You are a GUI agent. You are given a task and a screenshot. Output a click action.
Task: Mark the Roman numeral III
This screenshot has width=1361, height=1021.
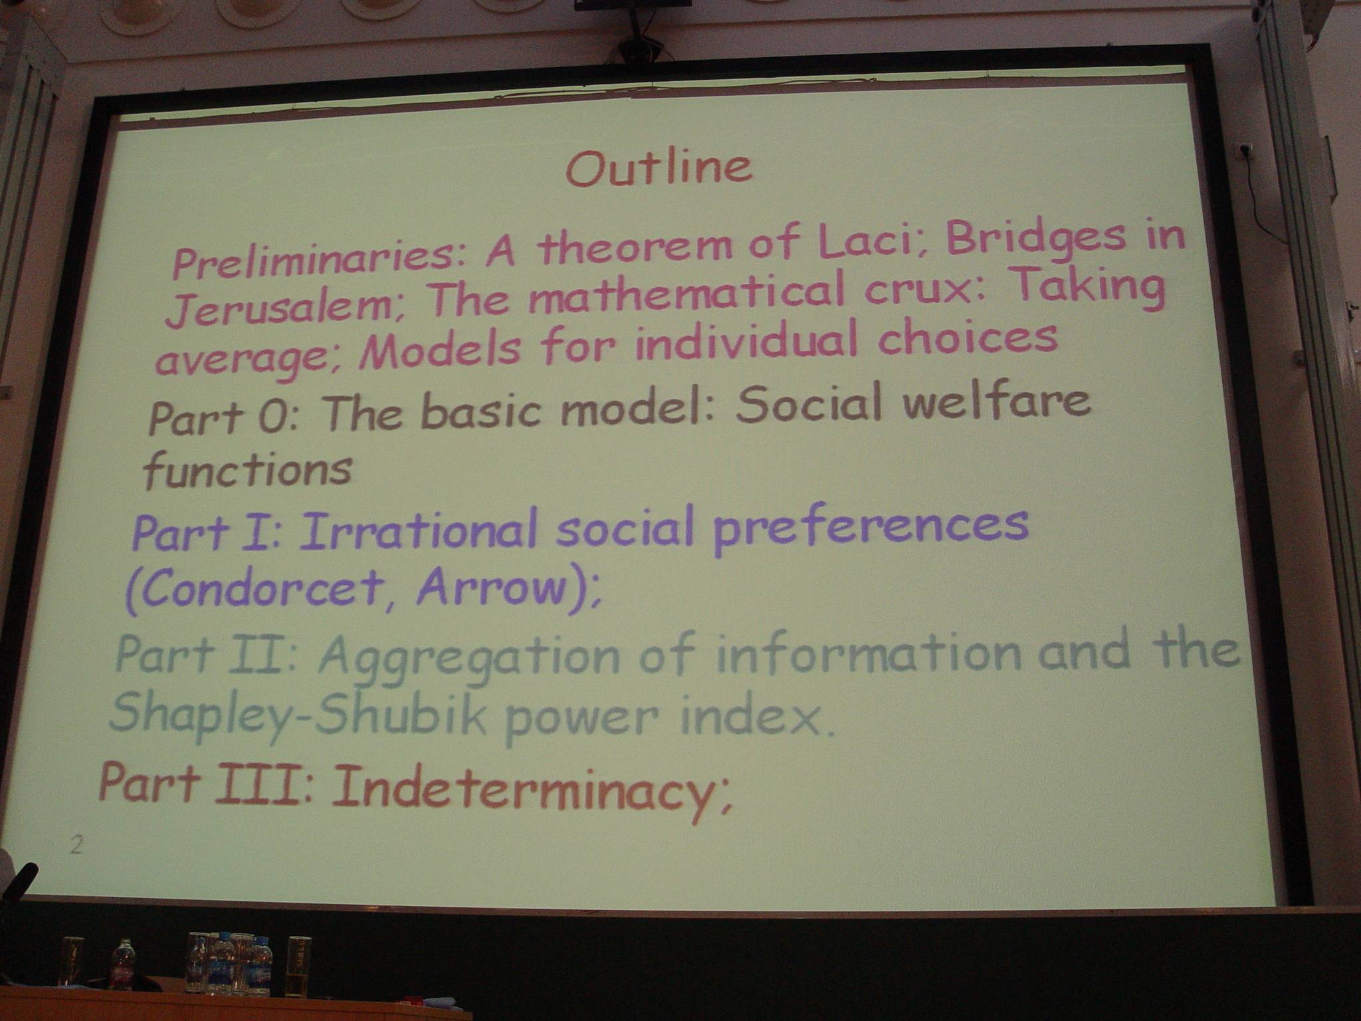[x=262, y=782]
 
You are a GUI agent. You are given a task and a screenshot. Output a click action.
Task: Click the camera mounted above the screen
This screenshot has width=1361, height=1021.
[x=634, y=48]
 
